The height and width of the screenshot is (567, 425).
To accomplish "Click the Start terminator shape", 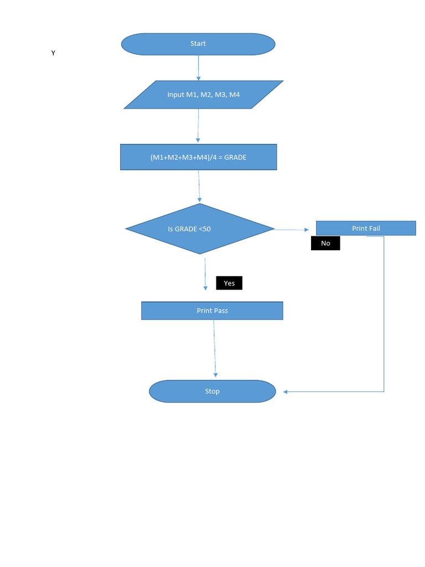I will [198, 44].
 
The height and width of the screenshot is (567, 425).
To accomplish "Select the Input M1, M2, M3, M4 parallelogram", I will [203, 95].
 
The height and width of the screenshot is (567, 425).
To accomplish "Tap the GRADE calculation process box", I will [198, 157].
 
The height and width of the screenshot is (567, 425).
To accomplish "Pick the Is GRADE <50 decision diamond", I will [200, 229].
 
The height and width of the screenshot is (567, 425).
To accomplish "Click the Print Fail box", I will [366, 228].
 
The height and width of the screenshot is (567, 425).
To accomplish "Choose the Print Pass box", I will [212, 311].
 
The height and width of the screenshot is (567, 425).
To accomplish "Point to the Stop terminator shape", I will [212, 391].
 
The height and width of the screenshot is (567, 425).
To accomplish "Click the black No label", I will [325, 243].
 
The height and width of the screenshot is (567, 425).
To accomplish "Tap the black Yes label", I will [229, 283].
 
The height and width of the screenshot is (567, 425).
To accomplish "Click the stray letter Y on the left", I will [53, 53].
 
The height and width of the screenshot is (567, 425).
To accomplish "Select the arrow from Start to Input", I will [198, 68].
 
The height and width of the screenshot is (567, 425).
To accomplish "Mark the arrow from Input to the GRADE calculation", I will [198, 126].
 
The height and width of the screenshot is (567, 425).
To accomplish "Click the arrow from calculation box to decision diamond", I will [199, 186].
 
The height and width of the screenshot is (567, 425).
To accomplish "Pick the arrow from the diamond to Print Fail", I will [292, 229].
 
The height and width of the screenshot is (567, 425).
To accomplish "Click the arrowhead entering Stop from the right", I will [286, 392].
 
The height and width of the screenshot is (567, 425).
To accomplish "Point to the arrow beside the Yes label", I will [205, 274].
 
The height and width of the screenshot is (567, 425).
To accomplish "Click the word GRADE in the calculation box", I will [235, 157].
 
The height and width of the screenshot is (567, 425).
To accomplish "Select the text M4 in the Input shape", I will [234, 95].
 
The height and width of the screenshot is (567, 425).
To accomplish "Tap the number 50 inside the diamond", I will [206, 229].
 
